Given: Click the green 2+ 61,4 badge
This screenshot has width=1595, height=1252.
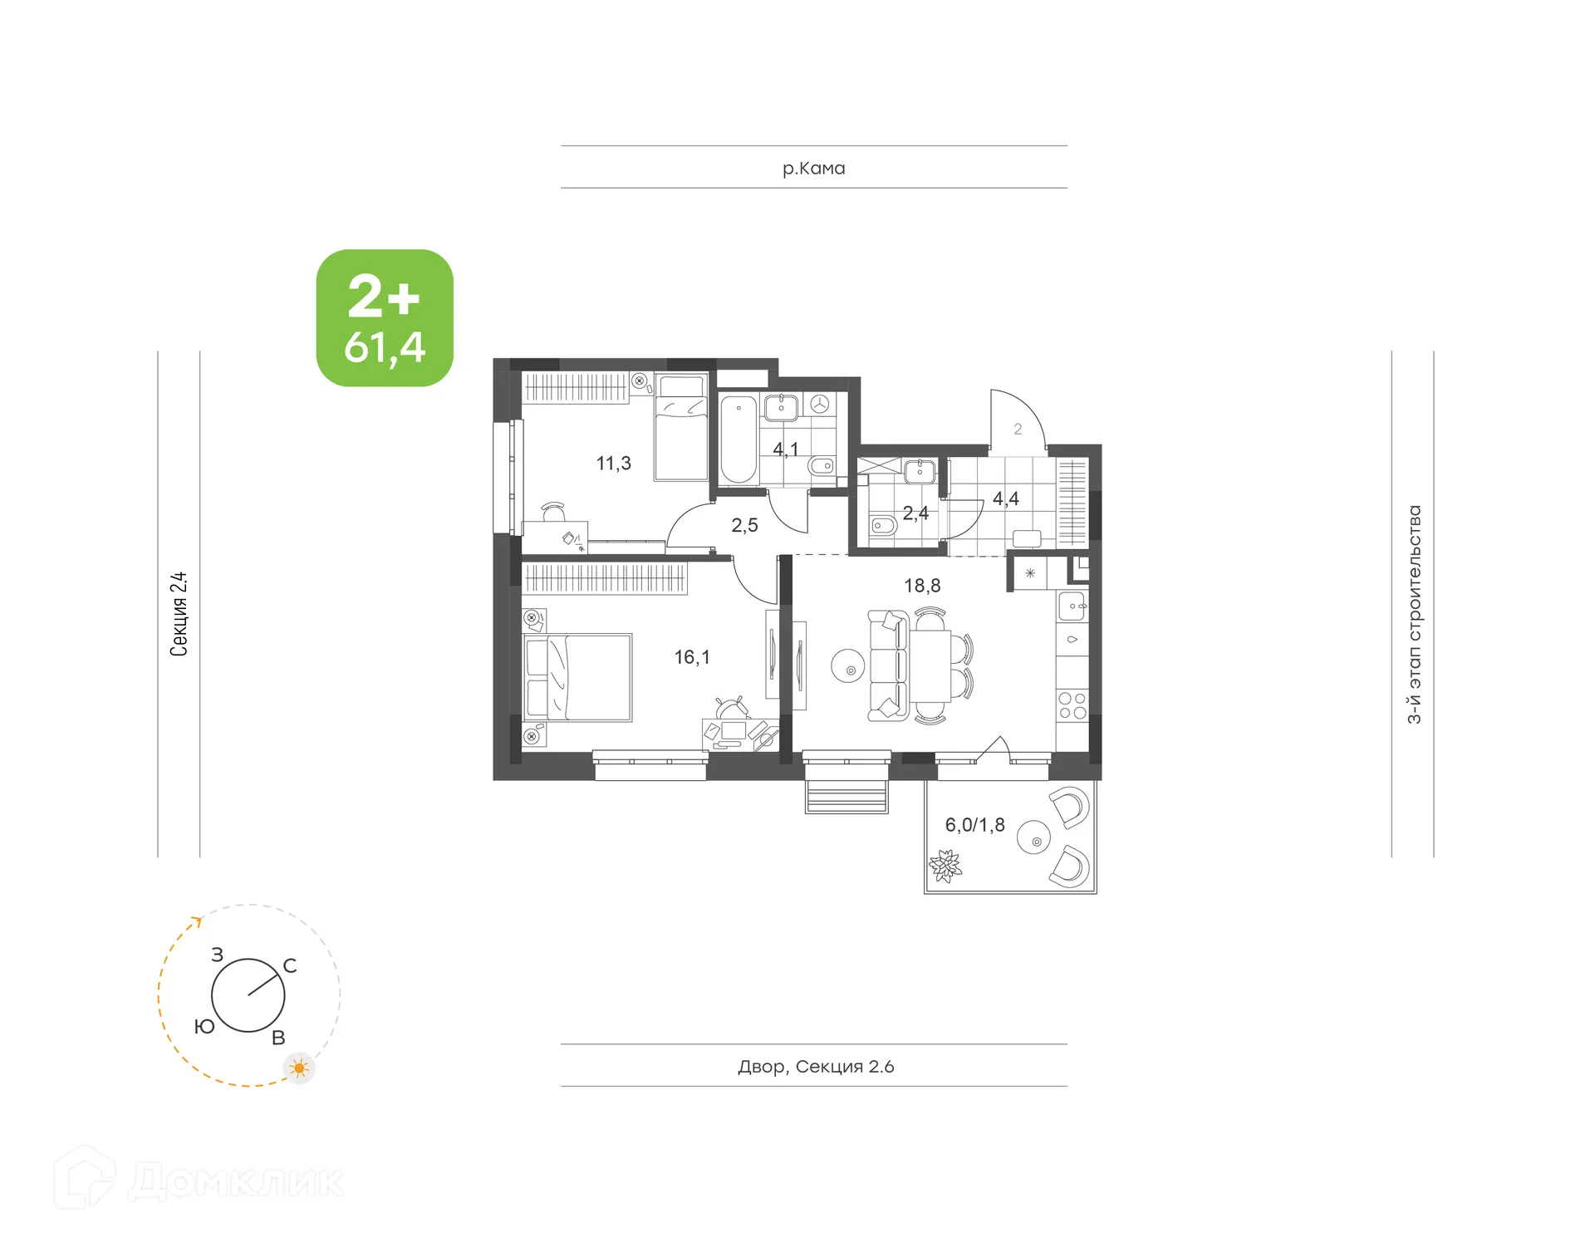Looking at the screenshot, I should (x=385, y=318).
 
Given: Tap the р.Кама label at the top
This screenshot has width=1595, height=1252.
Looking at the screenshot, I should (x=813, y=169).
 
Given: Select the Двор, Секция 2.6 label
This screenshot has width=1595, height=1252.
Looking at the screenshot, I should (x=816, y=1067).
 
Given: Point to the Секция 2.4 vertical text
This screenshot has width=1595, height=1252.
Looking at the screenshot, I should (x=179, y=615).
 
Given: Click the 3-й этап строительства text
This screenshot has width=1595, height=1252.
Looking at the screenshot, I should (x=1414, y=615).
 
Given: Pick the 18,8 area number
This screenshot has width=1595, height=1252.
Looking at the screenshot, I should (x=922, y=587).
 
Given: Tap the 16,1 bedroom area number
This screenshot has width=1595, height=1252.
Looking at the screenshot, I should (x=692, y=658).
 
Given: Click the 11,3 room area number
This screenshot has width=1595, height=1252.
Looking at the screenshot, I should (x=613, y=464).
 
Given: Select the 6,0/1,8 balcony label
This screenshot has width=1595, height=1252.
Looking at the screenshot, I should (x=974, y=825).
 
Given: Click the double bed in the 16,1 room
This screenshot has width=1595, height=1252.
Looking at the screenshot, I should (x=578, y=678).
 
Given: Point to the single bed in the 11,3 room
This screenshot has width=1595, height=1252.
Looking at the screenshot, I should (x=681, y=429).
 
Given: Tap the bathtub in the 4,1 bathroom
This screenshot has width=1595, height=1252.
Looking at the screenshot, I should (x=738, y=440).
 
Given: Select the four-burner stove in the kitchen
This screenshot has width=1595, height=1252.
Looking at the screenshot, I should (x=1072, y=706).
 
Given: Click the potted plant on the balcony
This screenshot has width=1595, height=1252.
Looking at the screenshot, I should (x=945, y=865).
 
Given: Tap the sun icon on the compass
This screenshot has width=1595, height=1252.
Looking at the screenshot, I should (x=299, y=1068).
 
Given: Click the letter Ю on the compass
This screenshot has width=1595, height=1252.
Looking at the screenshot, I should (x=204, y=1028).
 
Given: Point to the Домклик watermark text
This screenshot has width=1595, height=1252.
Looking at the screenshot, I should (x=237, y=1181).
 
